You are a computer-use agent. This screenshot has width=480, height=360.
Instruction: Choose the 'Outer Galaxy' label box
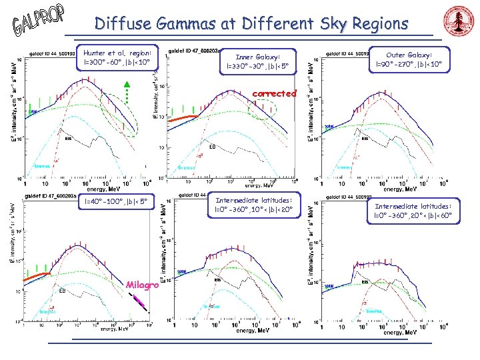click(x=409, y=59)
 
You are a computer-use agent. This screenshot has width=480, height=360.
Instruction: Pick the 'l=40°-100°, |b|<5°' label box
click(x=109, y=201)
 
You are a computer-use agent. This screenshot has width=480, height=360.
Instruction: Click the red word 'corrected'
click(x=275, y=93)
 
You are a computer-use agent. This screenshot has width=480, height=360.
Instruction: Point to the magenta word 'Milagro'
click(x=141, y=285)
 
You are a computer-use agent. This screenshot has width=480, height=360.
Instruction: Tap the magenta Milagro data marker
click(x=139, y=302)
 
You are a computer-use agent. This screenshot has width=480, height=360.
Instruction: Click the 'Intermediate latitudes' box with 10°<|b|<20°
click(x=253, y=205)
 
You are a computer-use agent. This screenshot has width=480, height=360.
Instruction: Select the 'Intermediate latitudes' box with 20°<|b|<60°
click(x=413, y=211)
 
